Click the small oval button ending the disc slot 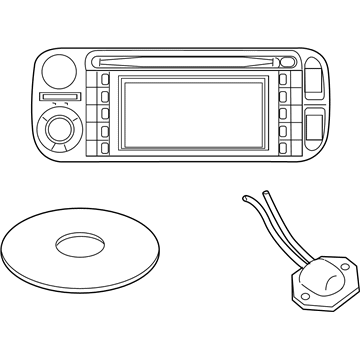(x=280, y=61)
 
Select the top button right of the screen (x=285, y=79)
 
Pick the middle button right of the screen (x=285, y=113)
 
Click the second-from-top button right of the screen (x=285, y=96)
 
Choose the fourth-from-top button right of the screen (x=285, y=130)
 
